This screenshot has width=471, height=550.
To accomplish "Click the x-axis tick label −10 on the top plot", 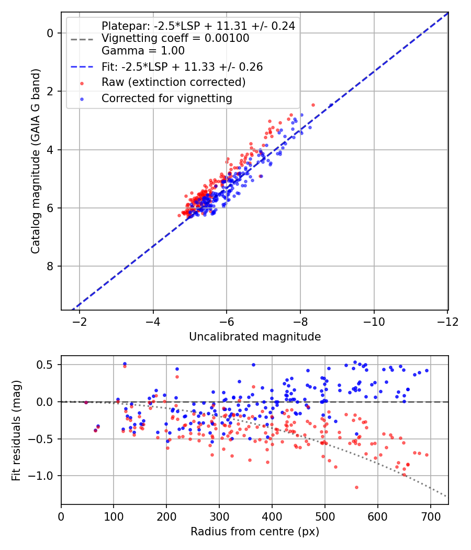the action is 374,322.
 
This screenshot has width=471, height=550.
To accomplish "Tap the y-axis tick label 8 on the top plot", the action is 50,266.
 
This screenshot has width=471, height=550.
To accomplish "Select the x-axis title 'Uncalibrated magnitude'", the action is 255,337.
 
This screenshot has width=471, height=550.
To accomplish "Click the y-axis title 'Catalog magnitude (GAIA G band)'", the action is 35,161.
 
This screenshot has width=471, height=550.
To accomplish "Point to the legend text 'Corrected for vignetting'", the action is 167,98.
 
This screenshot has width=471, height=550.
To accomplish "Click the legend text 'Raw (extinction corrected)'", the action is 173,82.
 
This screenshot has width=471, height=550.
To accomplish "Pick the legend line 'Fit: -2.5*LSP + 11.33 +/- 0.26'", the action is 82,67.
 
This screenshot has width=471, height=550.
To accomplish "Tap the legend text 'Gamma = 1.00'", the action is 143,50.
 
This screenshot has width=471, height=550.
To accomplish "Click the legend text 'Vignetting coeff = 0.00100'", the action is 175,38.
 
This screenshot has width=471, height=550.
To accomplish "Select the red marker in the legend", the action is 82,83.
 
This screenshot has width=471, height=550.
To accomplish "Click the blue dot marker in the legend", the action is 82,100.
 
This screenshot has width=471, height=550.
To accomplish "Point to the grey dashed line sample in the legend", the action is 82,39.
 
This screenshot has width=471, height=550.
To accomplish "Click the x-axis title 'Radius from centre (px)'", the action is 255,532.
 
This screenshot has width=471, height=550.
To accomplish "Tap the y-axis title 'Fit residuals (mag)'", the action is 16,431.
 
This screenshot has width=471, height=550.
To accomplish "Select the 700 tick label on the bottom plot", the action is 430,516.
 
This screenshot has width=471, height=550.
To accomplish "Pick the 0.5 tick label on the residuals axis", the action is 45,365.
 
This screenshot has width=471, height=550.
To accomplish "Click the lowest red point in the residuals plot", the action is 357,487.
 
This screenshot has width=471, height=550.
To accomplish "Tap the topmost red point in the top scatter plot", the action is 313,105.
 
